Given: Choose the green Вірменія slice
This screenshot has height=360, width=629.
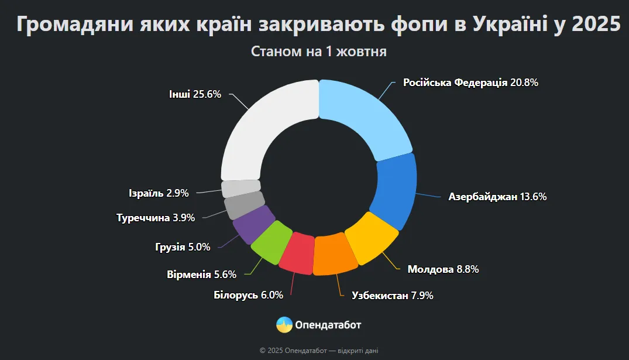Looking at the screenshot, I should pyautogui.click(x=271, y=241).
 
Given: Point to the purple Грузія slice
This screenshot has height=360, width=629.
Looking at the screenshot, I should pyautogui.click(x=253, y=223).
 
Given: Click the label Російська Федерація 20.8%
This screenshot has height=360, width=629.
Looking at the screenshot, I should pyautogui.click(x=470, y=83).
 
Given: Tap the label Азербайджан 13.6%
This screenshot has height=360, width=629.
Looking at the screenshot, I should pyautogui.click(x=497, y=197).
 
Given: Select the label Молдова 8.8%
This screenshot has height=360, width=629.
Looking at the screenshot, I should pyautogui.click(x=444, y=269).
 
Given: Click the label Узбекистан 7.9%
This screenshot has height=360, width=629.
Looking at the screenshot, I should pyautogui.click(x=392, y=296).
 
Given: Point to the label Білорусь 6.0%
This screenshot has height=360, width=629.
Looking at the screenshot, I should pyautogui.click(x=248, y=295).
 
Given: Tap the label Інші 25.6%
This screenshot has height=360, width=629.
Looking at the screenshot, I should pyautogui.click(x=195, y=94).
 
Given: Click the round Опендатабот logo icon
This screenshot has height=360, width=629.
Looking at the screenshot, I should pyautogui.click(x=284, y=324).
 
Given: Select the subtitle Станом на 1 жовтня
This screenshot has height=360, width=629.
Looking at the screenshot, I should pyautogui.click(x=319, y=52).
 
